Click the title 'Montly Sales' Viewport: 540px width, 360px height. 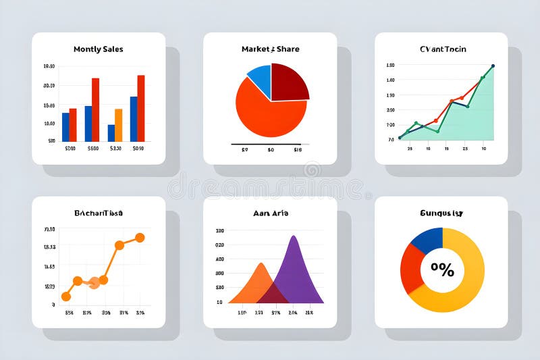pos(98,49)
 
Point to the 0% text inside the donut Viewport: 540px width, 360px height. pos(442,270)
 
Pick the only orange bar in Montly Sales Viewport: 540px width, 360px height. pos(118,124)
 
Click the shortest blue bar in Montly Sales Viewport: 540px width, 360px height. pos(111,132)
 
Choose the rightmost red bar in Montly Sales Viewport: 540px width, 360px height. pos(140,107)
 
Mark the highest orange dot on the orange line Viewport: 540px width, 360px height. pos(140,238)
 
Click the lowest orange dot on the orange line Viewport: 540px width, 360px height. pos(66,297)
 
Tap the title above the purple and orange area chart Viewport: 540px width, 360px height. pos(269,213)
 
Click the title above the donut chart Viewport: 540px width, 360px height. pos(441,213)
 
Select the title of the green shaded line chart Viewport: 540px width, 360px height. pos(442,49)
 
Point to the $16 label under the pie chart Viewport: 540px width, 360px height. pos(297,150)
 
